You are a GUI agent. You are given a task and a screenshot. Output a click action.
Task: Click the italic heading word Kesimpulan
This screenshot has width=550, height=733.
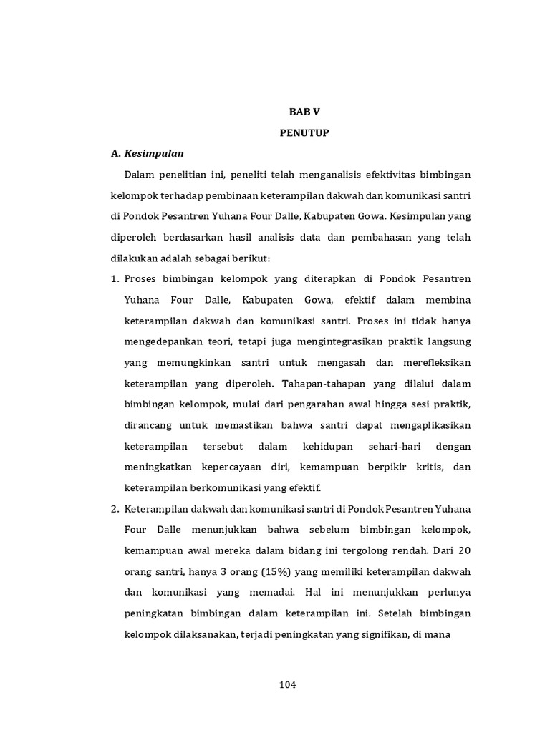tap(154, 153)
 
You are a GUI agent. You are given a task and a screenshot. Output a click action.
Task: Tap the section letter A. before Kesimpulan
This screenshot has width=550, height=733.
tap(115, 153)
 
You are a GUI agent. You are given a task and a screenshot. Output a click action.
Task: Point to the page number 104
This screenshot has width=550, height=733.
tap(287, 685)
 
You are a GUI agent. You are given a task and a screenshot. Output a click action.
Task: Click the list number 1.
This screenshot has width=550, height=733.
tap(115, 278)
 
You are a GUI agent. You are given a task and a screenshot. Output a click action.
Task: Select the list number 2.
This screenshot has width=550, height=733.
tap(115, 509)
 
